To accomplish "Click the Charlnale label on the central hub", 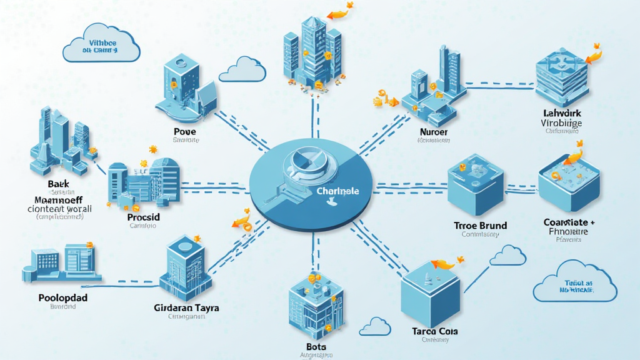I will pyautogui.click(x=337, y=191).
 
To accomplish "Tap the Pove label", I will pyautogui.click(x=186, y=132).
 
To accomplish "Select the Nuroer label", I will pyautogui.click(x=433, y=132).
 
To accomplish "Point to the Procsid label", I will pyautogui.click(x=144, y=216).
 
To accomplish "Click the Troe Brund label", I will pyautogui.click(x=480, y=225).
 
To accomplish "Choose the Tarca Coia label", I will pyautogui.click(x=436, y=331).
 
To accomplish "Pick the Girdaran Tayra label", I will pyautogui.click(x=186, y=308).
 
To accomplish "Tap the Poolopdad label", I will pyautogui.click(x=62, y=297).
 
